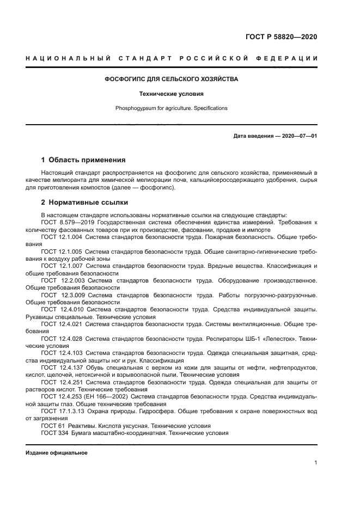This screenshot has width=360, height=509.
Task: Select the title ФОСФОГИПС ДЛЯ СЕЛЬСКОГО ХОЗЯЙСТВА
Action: click(x=171, y=79)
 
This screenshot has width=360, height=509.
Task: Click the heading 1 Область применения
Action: click(x=83, y=160)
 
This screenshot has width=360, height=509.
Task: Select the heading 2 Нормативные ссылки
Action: click(x=84, y=203)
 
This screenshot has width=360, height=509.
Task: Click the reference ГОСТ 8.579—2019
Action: click(x=67, y=223)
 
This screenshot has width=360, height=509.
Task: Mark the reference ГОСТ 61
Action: click(x=53, y=425)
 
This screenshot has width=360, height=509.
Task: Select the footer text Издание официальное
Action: click(x=56, y=453)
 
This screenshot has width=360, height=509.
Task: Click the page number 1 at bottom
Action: click(x=315, y=463)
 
